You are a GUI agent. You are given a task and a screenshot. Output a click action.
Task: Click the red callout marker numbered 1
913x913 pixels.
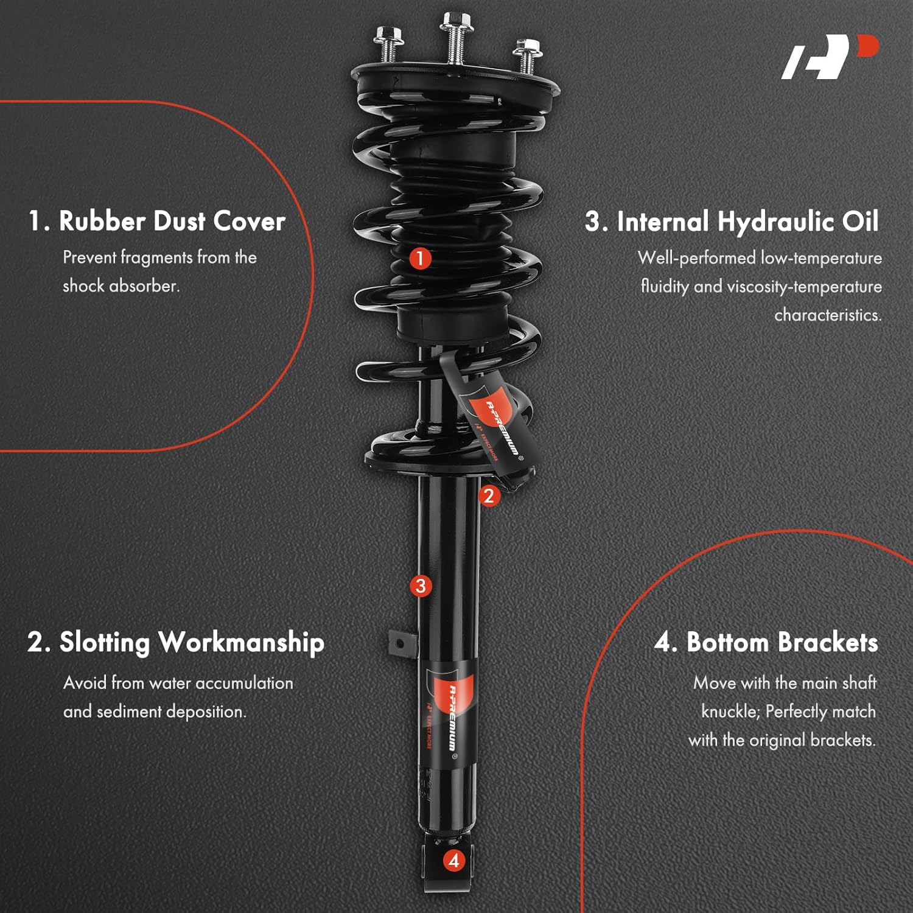[419, 258]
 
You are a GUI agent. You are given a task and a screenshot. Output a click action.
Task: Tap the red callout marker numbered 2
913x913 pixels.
[488, 496]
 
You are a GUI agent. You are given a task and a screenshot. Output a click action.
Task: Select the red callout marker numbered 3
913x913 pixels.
[421, 586]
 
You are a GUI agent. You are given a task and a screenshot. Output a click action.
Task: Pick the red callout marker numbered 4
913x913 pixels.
[453, 860]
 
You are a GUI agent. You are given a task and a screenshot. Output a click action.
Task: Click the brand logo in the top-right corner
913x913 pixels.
[830, 57]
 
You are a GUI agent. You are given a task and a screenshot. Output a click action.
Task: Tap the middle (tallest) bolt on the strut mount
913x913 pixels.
[453, 38]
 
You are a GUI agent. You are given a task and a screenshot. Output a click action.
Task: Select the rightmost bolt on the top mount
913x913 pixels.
[527, 55]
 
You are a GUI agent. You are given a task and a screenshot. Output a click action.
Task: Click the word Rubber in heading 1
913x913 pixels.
[102, 220]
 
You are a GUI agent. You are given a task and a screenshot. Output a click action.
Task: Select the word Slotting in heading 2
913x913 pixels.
[104, 643]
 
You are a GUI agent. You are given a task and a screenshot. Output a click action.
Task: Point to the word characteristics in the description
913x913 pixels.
[828, 315]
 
